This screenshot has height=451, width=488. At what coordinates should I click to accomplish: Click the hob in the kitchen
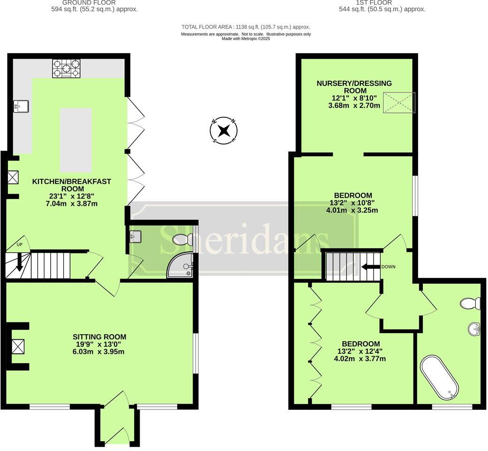[x=66, y=68]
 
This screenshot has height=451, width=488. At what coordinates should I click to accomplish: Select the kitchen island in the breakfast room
[x=75, y=140]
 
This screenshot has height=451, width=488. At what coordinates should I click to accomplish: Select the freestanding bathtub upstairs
[x=439, y=377]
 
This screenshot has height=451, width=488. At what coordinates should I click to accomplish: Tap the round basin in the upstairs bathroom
[x=474, y=329]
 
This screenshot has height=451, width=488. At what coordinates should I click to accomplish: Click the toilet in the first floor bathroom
[x=471, y=304]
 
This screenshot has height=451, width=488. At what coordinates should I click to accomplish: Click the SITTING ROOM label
[x=99, y=336]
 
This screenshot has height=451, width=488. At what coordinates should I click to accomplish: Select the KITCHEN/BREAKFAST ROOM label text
[x=71, y=185]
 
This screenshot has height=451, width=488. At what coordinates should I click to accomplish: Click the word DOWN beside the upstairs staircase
[x=388, y=267]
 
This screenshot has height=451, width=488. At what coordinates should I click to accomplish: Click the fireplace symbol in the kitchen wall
[x=13, y=177]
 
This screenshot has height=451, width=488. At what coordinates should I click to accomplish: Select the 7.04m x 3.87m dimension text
[x=71, y=204]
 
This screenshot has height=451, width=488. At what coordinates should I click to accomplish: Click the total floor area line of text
[x=246, y=27]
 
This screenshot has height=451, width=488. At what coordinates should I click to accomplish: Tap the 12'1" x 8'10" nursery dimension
[x=354, y=99]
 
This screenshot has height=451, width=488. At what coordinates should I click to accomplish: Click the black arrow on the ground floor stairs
[x=19, y=262]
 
